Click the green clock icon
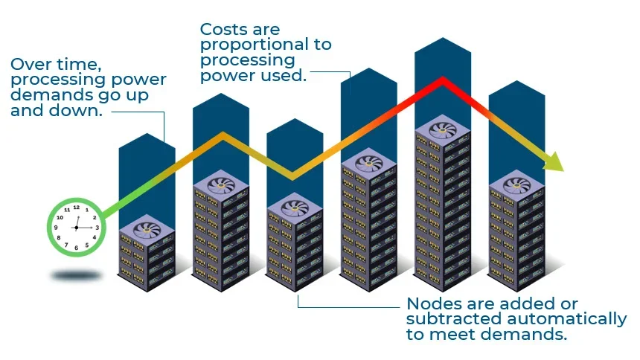(76, 225)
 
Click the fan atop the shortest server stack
(147, 229)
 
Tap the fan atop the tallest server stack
(443, 129)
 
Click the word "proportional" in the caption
(266, 45)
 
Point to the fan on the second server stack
(221, 184)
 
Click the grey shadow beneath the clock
(76, 276)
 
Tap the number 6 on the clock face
(76, 246)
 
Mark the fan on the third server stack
(295, 205)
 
